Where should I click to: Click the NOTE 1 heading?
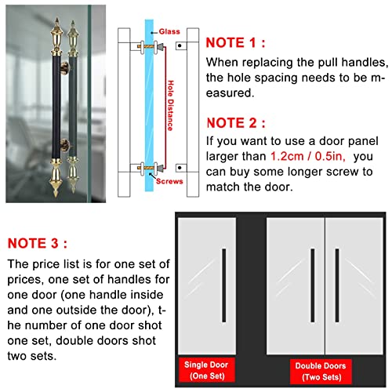click(235, 43)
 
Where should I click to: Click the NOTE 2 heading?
click(236, 123)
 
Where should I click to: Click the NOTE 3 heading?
click(38, 244)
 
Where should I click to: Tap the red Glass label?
click(169, 31)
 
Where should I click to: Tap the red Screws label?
click(169, 181)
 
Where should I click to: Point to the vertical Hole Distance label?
click(170, 106)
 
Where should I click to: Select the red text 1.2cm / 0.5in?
click(307, 156)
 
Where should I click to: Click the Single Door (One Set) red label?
click(206, 370)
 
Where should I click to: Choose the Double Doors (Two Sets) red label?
click(321, 372)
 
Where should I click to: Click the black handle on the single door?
click(224, 285)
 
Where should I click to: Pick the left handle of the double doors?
click(313, 285)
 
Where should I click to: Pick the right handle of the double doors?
click(337, 285)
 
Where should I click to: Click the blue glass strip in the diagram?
click(149, 105)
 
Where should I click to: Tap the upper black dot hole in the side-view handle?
click(180, 45)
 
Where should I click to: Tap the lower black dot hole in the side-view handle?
click(180, 168)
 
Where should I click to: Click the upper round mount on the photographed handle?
click(65, 68)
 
